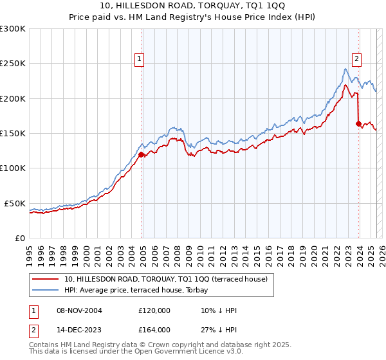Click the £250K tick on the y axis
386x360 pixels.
point(13,64)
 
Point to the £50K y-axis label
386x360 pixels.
point(15,203)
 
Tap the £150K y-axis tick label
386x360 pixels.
point(13,133)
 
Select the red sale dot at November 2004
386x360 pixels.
point(141,154)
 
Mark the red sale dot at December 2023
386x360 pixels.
point(358,123)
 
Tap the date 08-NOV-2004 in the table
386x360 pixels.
point(80,310)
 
